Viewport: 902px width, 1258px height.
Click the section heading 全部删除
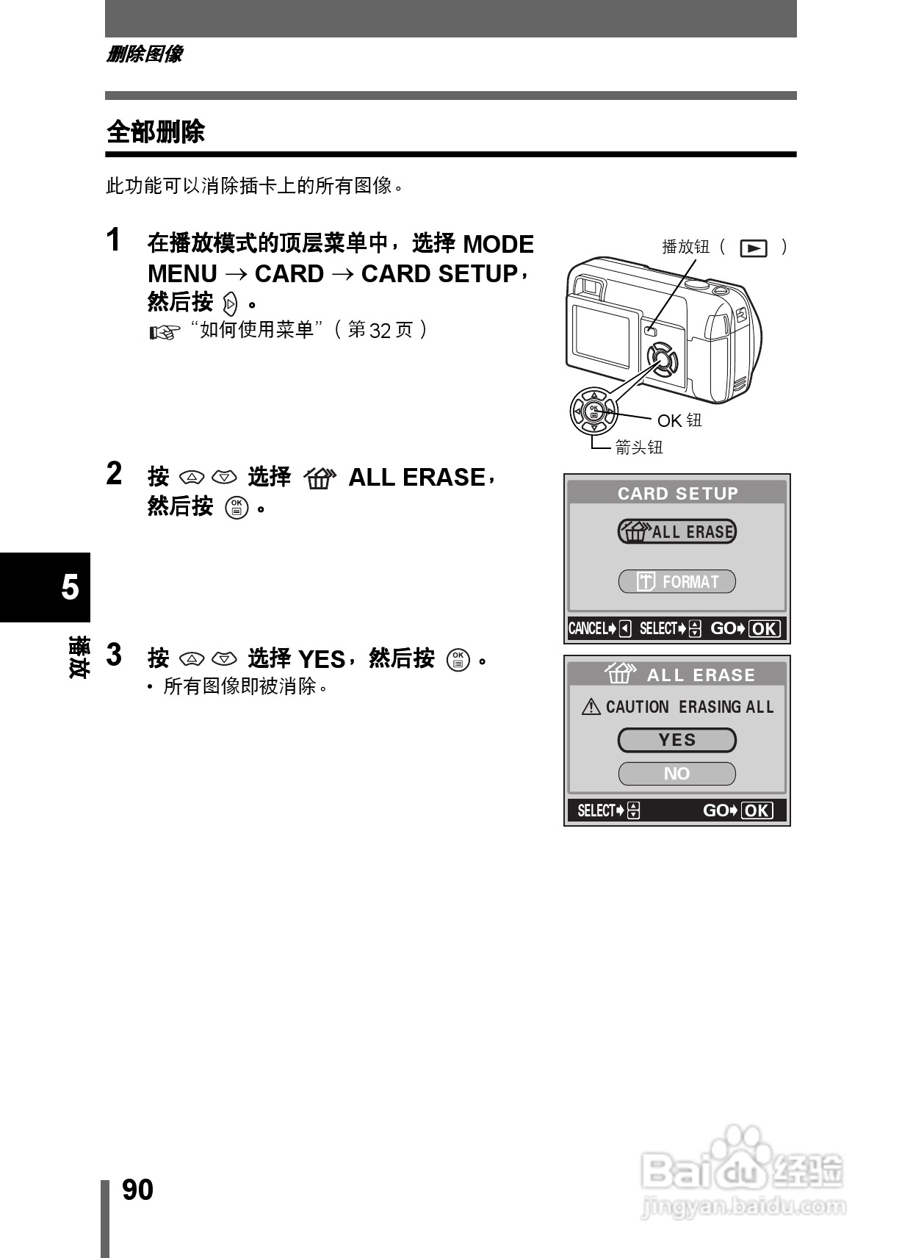[155, 132]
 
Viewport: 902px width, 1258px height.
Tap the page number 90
[137, 1190]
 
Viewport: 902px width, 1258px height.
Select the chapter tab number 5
[70, 587]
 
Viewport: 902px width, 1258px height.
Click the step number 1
[114, 240]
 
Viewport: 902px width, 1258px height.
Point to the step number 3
[114, 655]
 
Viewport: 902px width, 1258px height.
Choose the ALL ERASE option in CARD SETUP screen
[676, 531]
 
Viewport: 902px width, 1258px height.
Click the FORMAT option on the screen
[676, 582]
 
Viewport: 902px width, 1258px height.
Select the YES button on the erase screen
[676, 740]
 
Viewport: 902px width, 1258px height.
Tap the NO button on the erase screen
[676, 774]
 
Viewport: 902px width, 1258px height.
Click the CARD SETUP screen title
[677, 493]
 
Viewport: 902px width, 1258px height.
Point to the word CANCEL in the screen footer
[588, 629]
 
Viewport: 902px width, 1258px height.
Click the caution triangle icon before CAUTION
[591, 707]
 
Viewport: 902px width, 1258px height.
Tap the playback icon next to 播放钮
[754, 248]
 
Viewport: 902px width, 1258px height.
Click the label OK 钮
[679, 420]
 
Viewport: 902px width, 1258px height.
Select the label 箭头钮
[639, 448]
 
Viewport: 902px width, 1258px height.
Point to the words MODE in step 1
[499, 244]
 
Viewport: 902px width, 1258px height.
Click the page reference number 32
[380, 331]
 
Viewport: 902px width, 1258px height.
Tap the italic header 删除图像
[144, 54]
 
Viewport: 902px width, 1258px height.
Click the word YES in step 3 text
[321, 660]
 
